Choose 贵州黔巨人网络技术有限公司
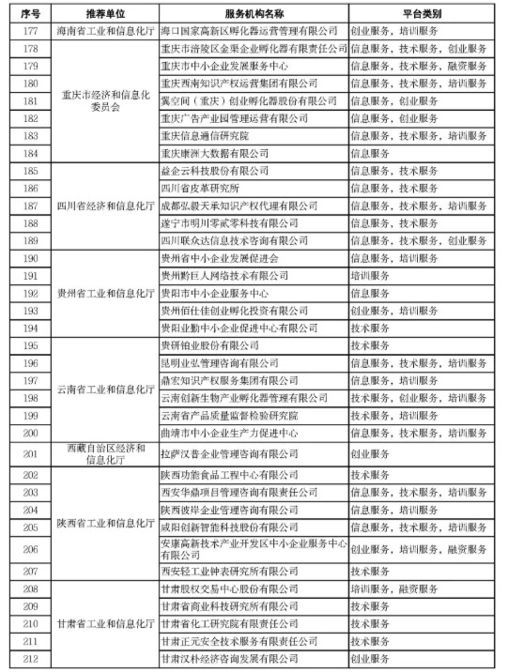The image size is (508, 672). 225,275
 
